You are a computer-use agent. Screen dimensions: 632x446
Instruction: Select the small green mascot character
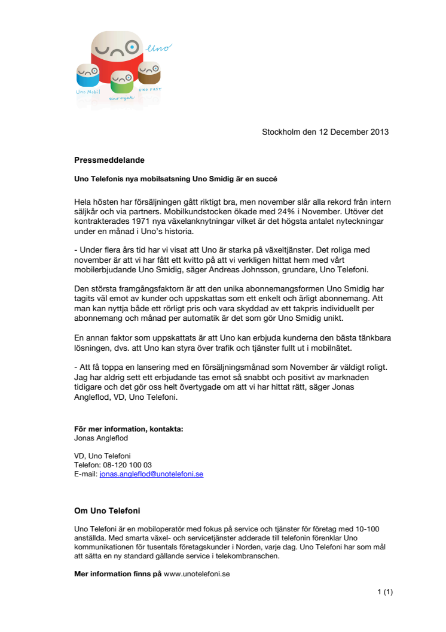click(121, 81)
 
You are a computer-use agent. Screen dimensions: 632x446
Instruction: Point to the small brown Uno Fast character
click(149, 73)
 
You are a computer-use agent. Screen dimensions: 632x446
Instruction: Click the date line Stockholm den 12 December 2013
click(325, 132)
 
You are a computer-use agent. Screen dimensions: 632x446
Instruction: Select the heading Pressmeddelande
click(109, 160)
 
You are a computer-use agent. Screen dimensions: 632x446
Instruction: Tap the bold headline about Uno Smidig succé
click(176, 179)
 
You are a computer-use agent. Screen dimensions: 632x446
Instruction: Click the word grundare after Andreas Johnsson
click(300, 270)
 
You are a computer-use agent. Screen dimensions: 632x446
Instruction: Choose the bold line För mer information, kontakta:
click(129, 429)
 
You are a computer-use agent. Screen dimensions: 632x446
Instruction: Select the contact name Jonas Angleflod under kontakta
click(100, 438)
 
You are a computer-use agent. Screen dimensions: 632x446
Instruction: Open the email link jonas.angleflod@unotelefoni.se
click(151, 474)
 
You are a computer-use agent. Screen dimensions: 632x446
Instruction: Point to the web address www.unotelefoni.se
click(197, 573)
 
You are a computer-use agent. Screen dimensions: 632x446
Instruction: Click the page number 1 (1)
click(385, 592)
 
